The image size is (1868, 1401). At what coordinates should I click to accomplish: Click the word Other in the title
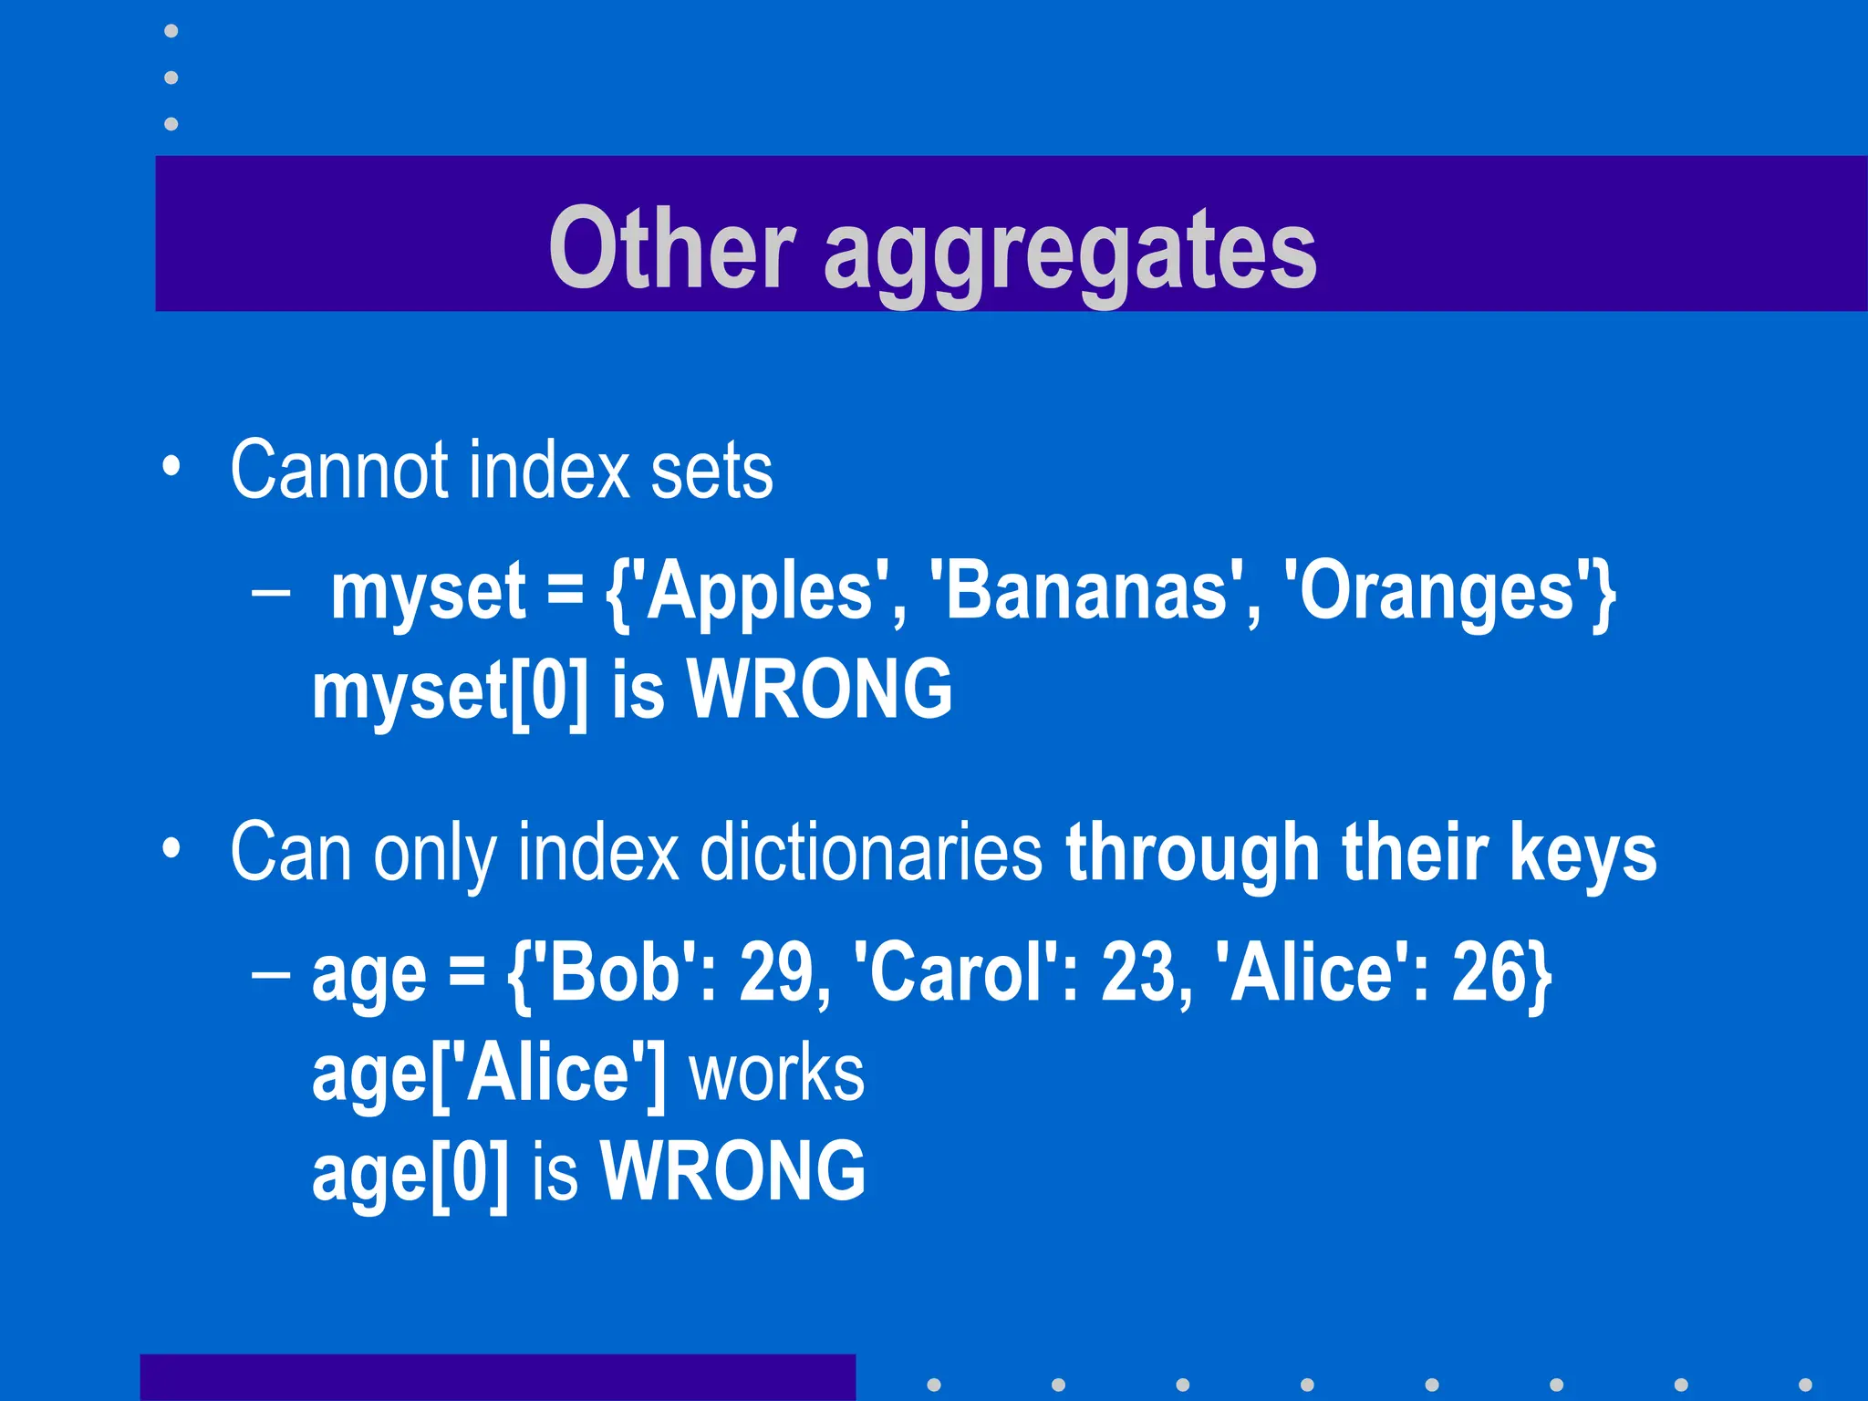point(671,248)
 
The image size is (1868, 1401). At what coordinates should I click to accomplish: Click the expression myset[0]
point(451,691)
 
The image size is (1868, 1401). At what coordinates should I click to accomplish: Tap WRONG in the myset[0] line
point(819,690)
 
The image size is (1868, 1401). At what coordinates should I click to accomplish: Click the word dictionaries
point(871,852)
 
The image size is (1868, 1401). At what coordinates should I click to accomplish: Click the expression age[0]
point(410,1173)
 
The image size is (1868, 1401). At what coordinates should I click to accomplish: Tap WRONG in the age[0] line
point(732,1171)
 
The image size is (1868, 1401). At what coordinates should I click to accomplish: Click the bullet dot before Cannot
point(171,467)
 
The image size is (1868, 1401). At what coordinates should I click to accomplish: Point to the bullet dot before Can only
point(171,849)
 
